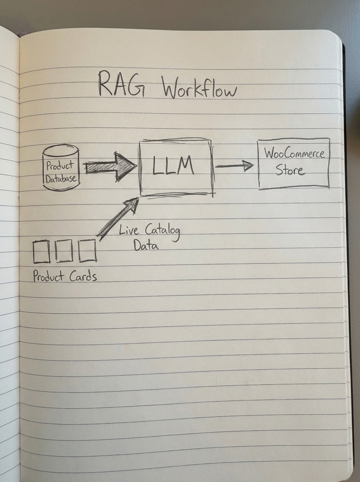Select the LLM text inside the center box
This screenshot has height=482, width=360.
(174, 165)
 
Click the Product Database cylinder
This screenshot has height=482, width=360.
(61, 167)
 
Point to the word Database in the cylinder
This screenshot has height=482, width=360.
(61, 179)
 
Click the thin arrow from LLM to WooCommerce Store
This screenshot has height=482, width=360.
(234, 165)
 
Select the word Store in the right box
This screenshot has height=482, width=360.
(290, 170)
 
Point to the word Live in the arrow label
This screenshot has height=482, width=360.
(129, 231)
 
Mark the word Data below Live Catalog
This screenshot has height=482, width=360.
(146, 245)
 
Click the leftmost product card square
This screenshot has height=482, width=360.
(41, 251)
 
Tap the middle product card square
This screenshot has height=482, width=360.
(64, 251)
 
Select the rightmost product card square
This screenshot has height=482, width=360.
(88, 251)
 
